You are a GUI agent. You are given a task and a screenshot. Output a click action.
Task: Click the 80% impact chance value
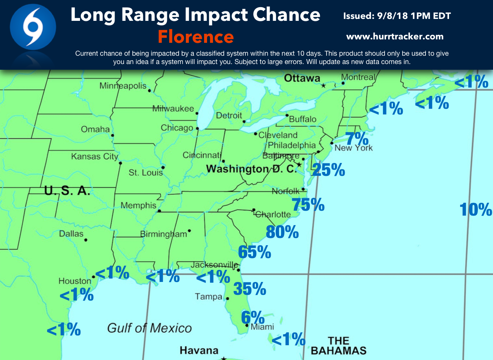click(282, 232)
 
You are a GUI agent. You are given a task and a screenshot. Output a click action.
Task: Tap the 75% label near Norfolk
click(308, 205)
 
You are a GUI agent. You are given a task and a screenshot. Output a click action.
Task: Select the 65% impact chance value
click(254, 252)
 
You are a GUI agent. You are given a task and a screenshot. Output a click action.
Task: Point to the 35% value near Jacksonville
click(250, 289)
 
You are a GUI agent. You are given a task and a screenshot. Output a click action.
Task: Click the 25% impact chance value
click(328, 170)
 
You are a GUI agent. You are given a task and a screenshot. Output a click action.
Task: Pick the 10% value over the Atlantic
click(476, 210)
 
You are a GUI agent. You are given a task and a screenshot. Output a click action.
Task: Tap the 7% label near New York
click(357, 139)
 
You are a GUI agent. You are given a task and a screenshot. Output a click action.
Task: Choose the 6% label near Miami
click(253, 317)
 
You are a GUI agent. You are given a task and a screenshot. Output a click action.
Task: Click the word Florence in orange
click(196, 37)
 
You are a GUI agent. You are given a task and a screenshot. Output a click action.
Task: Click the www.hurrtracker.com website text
click(395, 37)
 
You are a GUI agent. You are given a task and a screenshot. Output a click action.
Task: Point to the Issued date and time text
click(397, 16)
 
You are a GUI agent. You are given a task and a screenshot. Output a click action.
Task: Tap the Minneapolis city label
click(123, 86)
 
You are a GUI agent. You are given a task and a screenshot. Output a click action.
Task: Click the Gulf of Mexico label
click(149, 328)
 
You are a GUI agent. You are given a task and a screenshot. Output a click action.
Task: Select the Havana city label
click(199, 350)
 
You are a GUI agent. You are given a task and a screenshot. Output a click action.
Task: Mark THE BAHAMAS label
click(339, 346)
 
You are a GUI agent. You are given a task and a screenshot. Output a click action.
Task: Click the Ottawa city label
click(302, 78)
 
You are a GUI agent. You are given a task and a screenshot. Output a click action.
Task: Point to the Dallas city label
click(71, 233)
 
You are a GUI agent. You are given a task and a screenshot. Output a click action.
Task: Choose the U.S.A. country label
click(67, 191)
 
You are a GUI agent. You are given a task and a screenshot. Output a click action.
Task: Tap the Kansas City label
click(94, 157)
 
